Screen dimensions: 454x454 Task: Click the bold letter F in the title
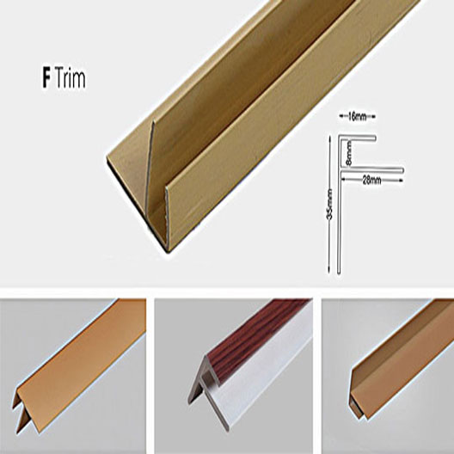tap(46, 77)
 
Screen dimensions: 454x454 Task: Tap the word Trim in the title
tap(70, 77)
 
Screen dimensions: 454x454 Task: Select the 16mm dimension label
tap(357, 117)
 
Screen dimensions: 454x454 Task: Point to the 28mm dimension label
tap(372, 181)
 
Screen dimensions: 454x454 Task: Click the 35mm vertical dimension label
tap(330, 204)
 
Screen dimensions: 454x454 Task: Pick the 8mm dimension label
tap(349, 153)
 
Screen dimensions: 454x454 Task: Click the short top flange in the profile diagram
tap(359, 138)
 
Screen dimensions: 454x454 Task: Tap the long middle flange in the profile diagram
tap(372, 171)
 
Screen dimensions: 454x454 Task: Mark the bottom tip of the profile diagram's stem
tap(339, 273)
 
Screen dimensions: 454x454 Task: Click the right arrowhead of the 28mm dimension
tap(401, 180)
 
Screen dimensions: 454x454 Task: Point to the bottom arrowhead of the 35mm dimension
tap(329, 272)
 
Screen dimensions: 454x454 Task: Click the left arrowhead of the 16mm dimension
tap(340, 117)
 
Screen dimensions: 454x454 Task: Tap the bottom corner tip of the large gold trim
tap(168, 252)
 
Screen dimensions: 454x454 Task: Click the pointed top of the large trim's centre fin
tap(153, 122)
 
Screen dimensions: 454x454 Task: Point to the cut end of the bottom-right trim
tap(357, 396)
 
